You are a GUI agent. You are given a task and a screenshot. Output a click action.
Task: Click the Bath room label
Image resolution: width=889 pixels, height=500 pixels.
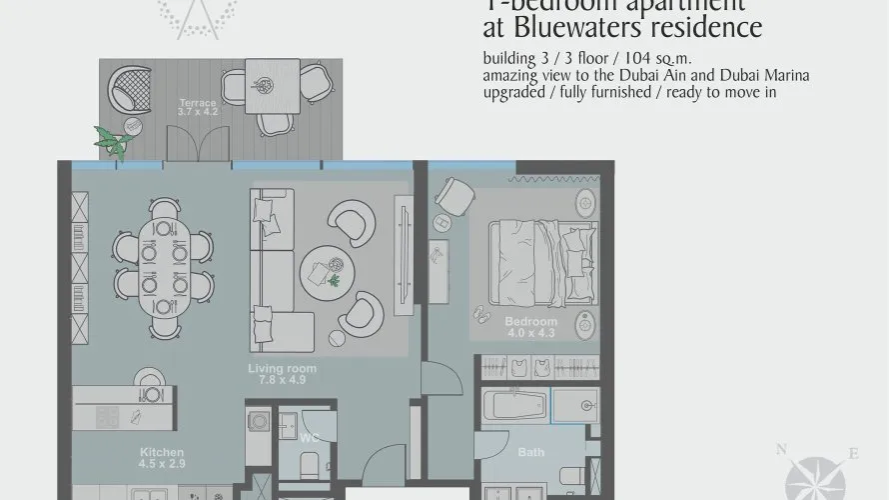tap(530, 453)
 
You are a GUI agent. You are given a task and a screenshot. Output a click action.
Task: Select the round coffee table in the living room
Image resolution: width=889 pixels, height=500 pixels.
tap(330, 266)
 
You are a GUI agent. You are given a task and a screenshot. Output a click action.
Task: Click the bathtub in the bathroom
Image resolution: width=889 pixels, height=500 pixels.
tap(512, 407)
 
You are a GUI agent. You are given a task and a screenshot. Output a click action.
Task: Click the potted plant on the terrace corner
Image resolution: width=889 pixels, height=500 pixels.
tap(111, 143)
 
